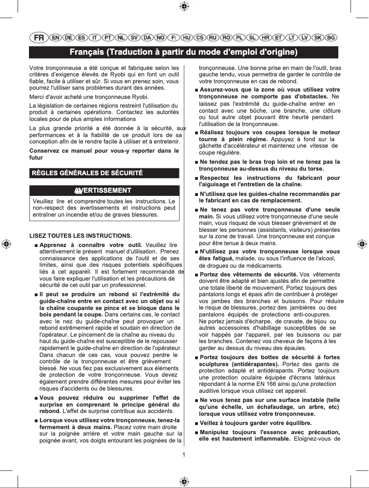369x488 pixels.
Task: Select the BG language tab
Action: [x=331, y=37]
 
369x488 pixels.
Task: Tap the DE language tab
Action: [x=68, y=37]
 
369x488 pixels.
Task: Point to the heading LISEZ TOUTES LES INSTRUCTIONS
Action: [x=81, y=236]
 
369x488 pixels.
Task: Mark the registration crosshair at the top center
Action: [x=184, y=6]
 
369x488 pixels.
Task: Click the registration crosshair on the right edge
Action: [x=362, y=244]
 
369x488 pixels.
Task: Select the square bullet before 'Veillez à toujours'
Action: [x=197, y=423]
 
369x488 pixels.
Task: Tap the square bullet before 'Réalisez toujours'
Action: [x=197, y=133]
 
